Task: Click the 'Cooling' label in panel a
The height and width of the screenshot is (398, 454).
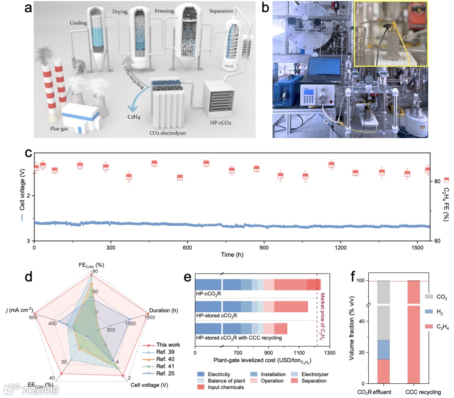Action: (78, 24)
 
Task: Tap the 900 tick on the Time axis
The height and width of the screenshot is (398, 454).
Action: (264, 248)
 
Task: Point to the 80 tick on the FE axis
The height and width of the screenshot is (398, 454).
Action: (437, 181)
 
